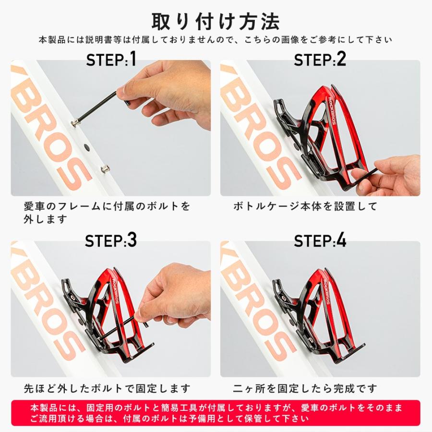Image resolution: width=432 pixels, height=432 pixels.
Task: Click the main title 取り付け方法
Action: pyautogui.click(x=216, y=21)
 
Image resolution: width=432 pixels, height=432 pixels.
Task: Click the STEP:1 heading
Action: pyautogui.click(x=111, y=60)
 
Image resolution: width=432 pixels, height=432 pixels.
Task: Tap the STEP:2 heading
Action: pyautogui.click(x=320, y=60)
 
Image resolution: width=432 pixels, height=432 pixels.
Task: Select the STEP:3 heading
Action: pyautogui.click(x=111, y=240)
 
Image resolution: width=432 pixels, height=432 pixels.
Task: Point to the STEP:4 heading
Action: pyautogui.click(x=320, y=240)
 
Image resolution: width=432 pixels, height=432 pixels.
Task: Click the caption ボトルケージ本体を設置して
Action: pyautogui.click(x=305, y=207)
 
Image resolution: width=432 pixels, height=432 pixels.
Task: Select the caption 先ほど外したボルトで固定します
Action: pyautogui.click(x=107, y=388)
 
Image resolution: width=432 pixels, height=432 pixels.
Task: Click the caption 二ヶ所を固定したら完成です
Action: pyautogui.click(x=305, y=388)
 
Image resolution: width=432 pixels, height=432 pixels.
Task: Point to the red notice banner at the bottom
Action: pyautogui.click(x=216, y=413)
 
